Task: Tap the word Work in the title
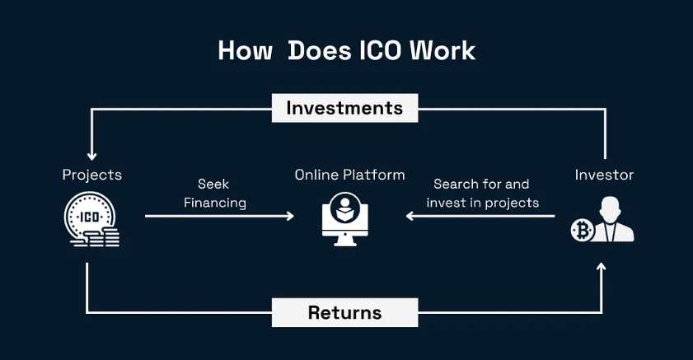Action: click(445, 50)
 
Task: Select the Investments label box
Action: click(344, 108)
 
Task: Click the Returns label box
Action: click(344, 312)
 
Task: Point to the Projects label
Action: click(92, 175)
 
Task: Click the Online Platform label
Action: click(350, 175)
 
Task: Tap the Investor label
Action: click(604, 175)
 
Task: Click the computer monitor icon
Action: click(344, 217)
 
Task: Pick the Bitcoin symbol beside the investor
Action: click(583, 231)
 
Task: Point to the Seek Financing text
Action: click(214, 193)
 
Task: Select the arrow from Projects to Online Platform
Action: click(218, 216)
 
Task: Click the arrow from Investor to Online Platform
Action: click(478, 216)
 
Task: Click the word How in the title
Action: click(245, 50)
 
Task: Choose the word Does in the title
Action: click(319, 50)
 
